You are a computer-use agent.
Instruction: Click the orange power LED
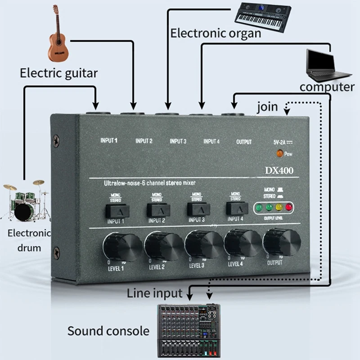(280, 154)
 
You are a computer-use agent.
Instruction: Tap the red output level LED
(288, 208)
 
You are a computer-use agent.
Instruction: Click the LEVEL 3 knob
(205, 243)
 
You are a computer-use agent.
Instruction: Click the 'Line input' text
(154, 294)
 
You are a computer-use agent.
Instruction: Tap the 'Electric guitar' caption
(58, 72)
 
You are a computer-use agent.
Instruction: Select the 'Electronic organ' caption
(216, 33)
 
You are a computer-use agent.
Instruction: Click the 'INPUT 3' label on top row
(178, 141)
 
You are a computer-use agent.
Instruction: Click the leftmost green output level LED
(259, 208)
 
